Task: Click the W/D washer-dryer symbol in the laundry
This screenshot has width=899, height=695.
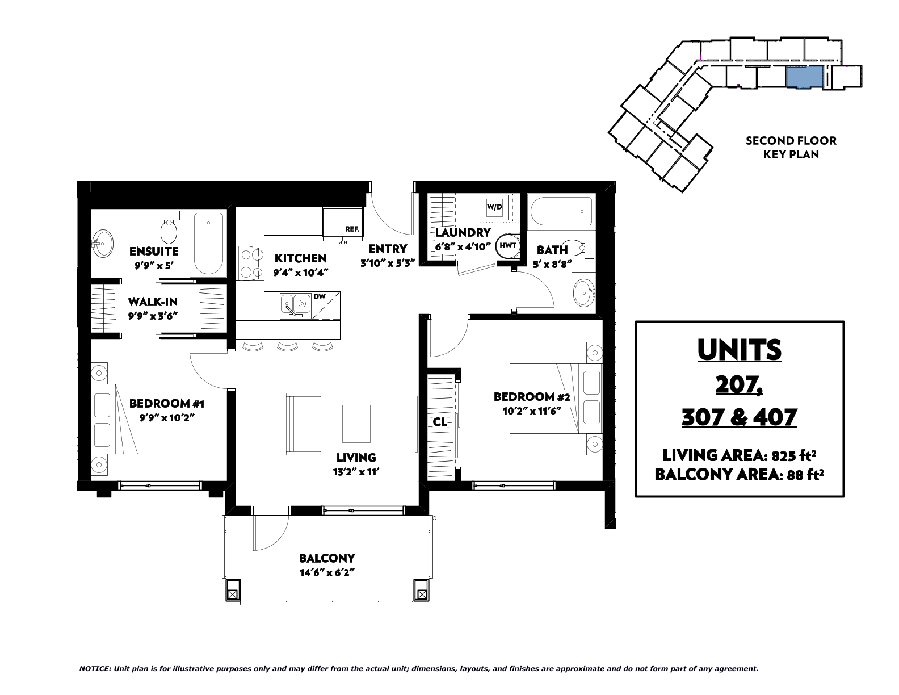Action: (494, 207)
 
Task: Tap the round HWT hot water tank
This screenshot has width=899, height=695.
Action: (507, 246)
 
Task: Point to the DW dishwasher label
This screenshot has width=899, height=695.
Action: (319, 296)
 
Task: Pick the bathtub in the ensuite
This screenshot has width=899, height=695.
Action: (208, 244)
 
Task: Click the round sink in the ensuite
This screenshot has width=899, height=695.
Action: (102, 244)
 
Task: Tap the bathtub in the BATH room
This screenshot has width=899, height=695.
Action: (561, 212)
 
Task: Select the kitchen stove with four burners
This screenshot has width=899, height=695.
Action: (250, 263)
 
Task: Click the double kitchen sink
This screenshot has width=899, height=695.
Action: (295, 305)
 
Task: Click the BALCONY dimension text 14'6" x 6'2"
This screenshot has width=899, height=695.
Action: (327, 573)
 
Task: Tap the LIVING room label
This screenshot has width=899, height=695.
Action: (356, 458)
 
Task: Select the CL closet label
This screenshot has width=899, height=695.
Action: (440, 422)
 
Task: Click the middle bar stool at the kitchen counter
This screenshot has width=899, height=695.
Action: (287, 346)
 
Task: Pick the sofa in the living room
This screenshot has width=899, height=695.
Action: (304, 424)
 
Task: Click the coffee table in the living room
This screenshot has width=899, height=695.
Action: (356, 424)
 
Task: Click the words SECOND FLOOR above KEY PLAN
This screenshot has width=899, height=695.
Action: (791, 141)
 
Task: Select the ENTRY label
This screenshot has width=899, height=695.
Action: (388, 249)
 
